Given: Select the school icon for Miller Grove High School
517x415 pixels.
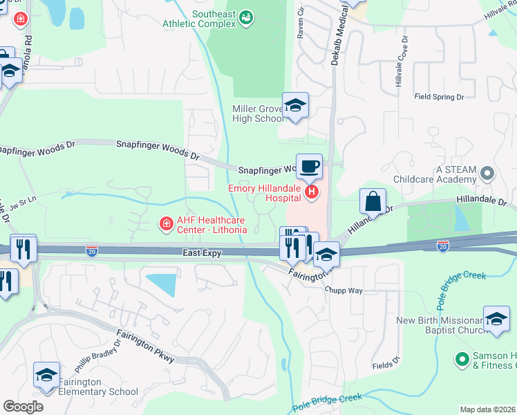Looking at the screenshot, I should pyautogui.click(x=295, y=106).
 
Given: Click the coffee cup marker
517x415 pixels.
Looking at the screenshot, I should pyautogui.click(x=309, y=167).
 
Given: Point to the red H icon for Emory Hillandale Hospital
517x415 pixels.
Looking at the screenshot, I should pyautogui.click(x=312, y=192).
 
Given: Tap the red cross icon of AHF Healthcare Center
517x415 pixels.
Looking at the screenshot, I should pyautogui.click(x=165, y=223).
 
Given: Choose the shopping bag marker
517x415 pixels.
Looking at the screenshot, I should pyautogui.click(x=373, y=201).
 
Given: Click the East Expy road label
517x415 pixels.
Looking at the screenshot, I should pyautogui.click(x=202, y=254).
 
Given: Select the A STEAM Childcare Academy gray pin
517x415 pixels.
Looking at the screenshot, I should pyautogui.click(x=488, y=172).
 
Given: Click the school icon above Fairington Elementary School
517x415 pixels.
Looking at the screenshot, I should pyautogui.click(x=46, y=376).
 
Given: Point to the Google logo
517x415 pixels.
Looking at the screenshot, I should pyautogui.click(x=23, y=407).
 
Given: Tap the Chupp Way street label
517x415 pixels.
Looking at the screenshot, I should pyautogui.click(x=345, y=290).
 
